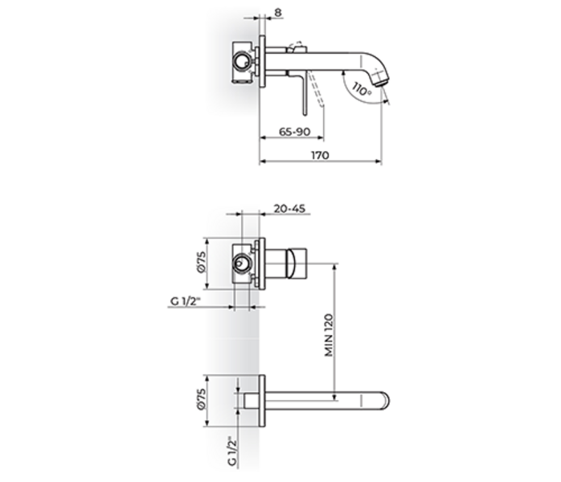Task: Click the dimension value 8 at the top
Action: [x=277, y=13]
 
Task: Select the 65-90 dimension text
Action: [x=295, y=130]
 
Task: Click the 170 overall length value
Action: [x=319, y=156]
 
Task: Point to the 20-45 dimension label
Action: [x=289, y=208]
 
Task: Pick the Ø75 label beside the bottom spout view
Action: [x=203, y=399]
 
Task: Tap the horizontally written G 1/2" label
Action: [x=185, y=301]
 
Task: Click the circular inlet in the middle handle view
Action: [x=240, y=263]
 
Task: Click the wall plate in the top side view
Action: [x=262, y=59]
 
